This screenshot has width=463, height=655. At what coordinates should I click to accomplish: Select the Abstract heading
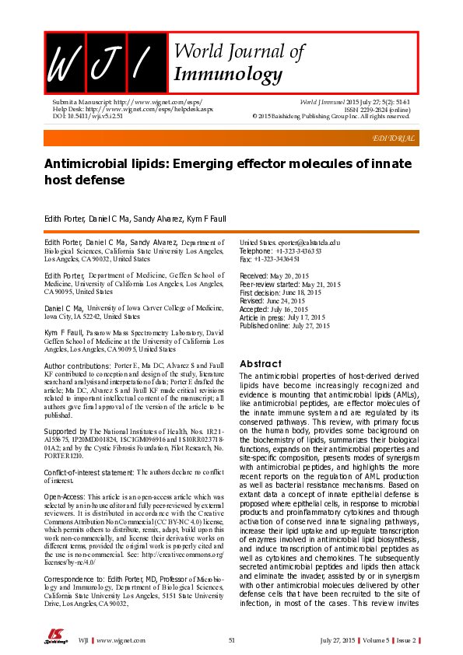[260, 363]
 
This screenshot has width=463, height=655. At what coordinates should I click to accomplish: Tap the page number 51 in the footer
[231, 639]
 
